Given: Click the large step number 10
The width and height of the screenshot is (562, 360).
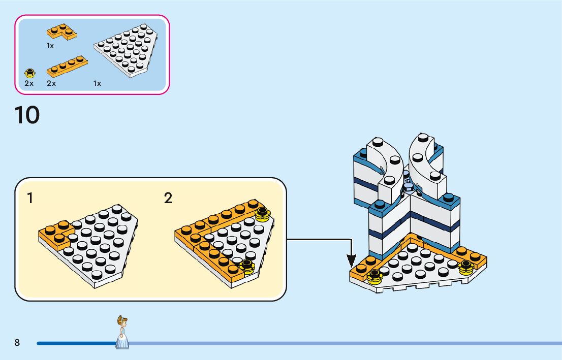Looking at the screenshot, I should pyautogui.click(x=27, y=115).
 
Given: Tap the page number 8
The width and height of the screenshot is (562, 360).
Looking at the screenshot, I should pyautogui.click(x=17, y=343).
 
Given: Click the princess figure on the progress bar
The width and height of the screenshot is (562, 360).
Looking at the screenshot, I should pyautogui.click(x=122, y=333).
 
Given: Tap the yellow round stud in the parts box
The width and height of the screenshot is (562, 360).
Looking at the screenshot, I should pyautogui.click(x=30, y=73).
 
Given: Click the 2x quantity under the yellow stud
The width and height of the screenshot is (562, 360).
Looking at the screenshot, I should pyautogui.click(x=29, y=83).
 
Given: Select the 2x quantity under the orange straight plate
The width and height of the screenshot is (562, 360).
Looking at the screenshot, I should pyautogui.click(x=51, y=83).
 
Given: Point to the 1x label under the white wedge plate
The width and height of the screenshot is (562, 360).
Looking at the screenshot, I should pyautogui.click(x=97, y=83).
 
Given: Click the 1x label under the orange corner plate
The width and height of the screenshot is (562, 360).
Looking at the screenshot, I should pyautogui.click(x=50, y=46).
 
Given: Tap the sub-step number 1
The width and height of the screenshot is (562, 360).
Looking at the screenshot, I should pyautogui.click(x=30, y=198).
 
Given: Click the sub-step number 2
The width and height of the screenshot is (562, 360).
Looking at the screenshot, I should pyautogui.click(x=168, y=198).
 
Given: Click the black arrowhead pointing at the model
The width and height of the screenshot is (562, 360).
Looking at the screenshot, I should pyautogui.click(x=351, y=261).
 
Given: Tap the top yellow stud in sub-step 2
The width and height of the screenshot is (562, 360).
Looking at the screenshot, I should pyautogui.click(x=262, y=214).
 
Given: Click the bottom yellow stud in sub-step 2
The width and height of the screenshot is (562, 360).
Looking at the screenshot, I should pyautogui.click(x=247, y=266).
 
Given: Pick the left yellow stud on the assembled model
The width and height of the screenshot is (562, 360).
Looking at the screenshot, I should pyautogui.click(x=374, y=276).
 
